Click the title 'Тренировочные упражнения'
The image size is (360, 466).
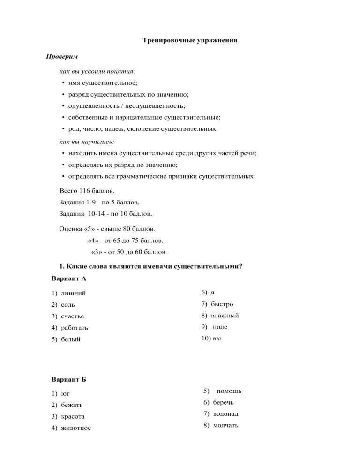click(x=190, y=40)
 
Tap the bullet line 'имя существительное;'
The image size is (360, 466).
click(x=103, y=83)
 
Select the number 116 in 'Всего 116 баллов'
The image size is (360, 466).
click(x=92, y=191)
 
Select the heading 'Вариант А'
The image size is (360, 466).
click(x=69, y=278)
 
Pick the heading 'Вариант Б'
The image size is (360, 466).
click(x=69, y=379)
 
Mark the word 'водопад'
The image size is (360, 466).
click(x=225, y=414)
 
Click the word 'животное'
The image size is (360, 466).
click(x=76, y=428)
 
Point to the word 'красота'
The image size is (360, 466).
click(x=73, y=416)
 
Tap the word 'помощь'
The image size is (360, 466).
click(x=229, y=391)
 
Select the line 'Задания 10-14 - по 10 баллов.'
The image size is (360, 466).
click(x=105, y=214)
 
